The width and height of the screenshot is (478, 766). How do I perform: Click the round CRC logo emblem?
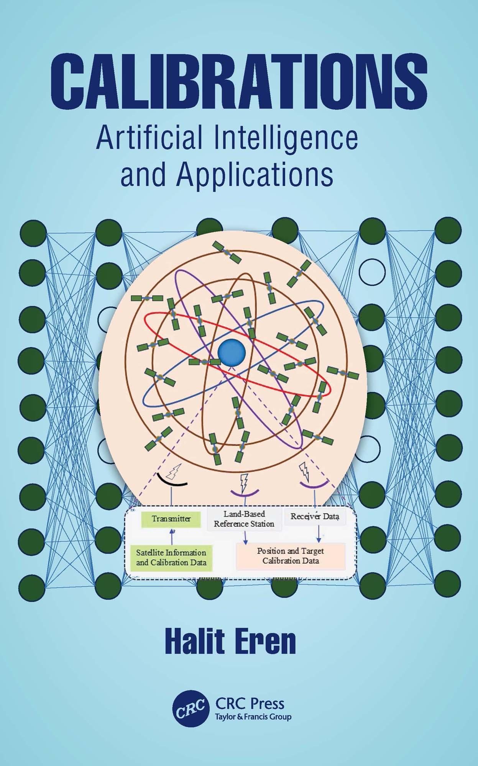point(191,707)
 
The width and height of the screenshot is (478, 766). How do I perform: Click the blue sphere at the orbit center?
point(232,352)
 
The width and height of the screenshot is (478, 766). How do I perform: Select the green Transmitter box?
point(171,519)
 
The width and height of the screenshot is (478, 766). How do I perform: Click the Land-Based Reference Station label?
point(244,519)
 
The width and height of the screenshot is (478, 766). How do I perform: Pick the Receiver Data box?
point(315,516)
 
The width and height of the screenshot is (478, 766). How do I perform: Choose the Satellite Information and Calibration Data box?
point(171,558)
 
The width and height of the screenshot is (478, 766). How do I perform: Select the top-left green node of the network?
point(33,233)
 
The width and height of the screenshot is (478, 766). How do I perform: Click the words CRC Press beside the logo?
point(250,703)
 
